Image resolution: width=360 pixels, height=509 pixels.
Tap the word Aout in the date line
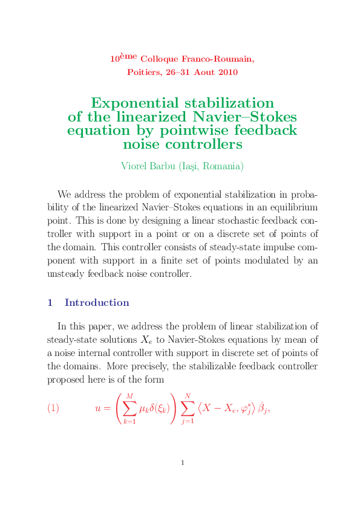tap(205, 73)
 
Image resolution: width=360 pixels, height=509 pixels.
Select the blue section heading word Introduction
tap(97, 302)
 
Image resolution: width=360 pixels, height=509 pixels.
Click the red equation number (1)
tap(53, 408)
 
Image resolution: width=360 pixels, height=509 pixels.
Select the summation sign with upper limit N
tap(188, 409)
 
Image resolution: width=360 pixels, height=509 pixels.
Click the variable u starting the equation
tap(98, 409)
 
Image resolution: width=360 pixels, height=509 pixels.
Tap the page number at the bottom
tap(183, 463)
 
